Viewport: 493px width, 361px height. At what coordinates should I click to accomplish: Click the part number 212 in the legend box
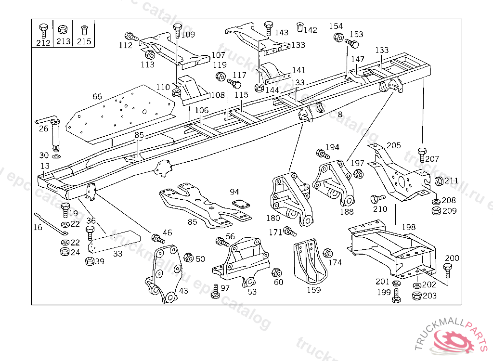43,42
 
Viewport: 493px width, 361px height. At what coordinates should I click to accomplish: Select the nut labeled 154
337,37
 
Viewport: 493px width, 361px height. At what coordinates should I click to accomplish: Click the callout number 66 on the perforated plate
97,97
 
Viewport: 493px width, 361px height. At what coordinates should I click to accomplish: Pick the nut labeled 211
439,181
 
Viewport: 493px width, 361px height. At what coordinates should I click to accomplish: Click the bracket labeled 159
309,263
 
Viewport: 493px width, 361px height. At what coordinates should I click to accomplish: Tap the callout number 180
273,218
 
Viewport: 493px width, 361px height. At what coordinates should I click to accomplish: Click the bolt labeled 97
215,291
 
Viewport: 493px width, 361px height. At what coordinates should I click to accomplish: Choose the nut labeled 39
89,261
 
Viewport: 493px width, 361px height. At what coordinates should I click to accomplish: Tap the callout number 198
409,227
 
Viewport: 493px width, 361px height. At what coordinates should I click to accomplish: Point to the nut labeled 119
221,76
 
